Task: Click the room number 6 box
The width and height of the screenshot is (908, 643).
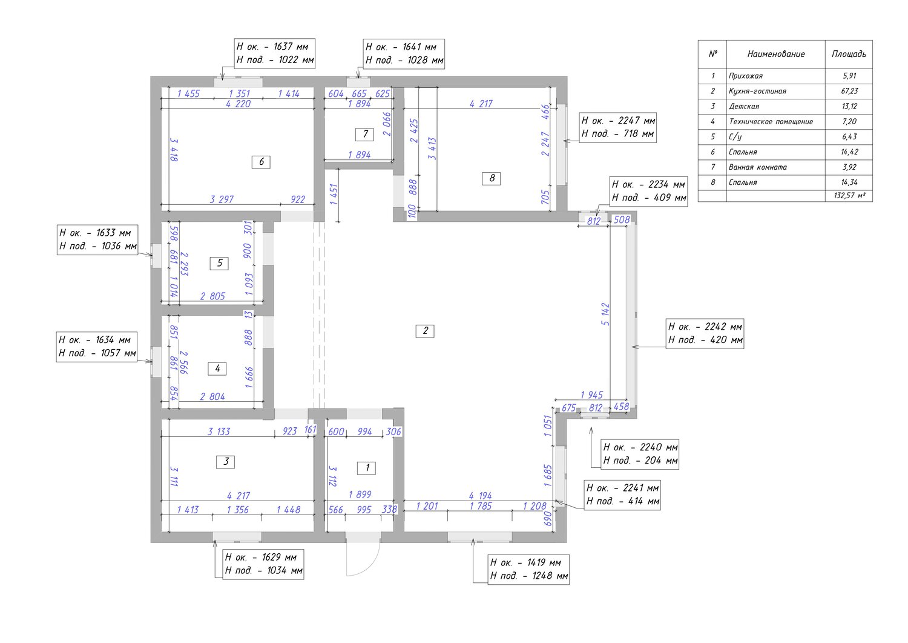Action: click(261, 162)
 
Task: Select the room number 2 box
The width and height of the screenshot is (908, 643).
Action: click(425, 331)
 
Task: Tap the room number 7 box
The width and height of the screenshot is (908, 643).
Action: click(364, 134)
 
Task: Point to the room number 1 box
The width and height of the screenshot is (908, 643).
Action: click(366, 468)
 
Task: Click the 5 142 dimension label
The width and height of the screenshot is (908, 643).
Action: click(605, 314)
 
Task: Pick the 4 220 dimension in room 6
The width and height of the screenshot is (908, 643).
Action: click(239, 104)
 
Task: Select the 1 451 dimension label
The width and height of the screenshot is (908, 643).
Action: click(334, 195)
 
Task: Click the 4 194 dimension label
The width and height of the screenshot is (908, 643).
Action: click(481, 496)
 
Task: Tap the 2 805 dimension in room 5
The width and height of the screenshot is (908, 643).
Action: click(212, 296)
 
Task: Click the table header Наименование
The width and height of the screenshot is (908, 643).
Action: click(776, 54)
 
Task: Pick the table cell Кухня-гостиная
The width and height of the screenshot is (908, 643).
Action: click(757, 92)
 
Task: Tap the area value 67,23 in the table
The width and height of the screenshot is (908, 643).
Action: click(849, 91)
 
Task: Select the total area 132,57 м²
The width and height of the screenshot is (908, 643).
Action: click(850, 196)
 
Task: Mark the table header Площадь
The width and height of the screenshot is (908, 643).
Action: click(849, 54)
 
